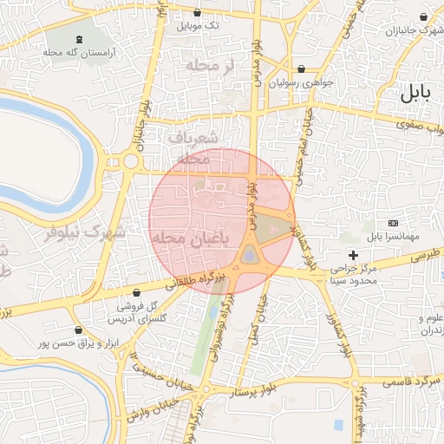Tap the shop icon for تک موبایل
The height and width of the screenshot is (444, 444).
click(x=199, y=14)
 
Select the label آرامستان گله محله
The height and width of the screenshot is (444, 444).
click(x=80, y=52)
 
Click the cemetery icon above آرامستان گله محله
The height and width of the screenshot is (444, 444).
click(x=81, y=39)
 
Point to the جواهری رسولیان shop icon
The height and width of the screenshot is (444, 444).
click(x=301, y=69)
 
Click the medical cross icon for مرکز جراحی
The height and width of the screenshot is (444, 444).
click(x=353, y=254)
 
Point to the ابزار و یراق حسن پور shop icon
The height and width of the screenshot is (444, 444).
click(x=79, y=330)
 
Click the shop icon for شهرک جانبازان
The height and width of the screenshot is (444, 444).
click(x=424, y=17)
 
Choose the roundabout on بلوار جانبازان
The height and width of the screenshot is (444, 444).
click(x=131, y=160)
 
